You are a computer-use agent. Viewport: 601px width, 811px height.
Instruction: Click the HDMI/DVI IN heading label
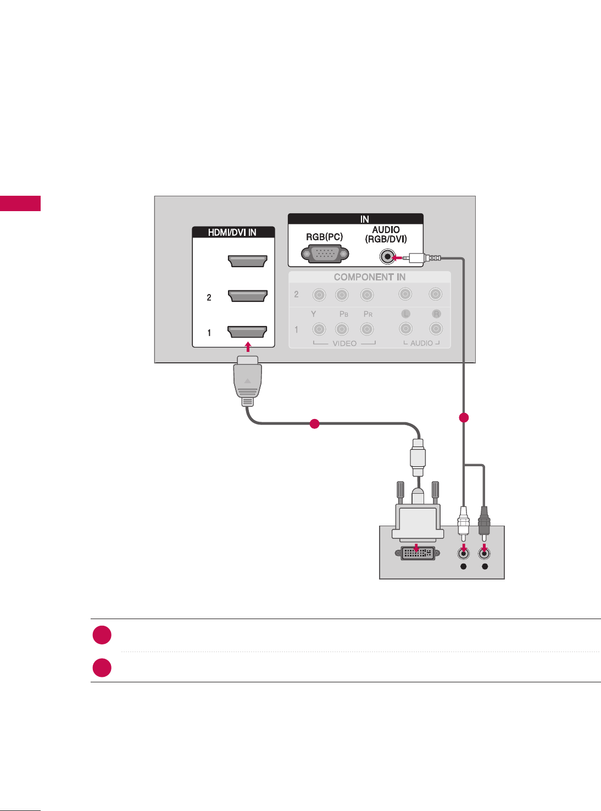(232, 233)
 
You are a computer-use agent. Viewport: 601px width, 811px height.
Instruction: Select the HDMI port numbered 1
(248, 332)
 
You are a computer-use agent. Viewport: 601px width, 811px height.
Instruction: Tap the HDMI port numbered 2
(248, 296)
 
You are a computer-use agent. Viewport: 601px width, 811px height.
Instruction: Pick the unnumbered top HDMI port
(248, 261)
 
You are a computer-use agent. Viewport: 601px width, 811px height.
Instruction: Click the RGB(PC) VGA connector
(325, 255)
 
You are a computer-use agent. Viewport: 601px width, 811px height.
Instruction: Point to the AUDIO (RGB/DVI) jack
(388, 257)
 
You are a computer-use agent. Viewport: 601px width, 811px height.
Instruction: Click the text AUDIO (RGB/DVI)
(386, 234)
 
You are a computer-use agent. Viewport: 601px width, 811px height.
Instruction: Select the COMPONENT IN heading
(369, 277)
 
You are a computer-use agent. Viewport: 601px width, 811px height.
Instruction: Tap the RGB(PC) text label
(324, 237)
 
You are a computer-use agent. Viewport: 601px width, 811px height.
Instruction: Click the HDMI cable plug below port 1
(248, 379)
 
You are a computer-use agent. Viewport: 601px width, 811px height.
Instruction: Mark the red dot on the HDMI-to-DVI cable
(314, 423)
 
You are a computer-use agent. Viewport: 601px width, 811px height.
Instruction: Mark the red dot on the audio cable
(464, 418)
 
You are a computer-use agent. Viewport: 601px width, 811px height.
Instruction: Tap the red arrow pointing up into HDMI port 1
(248, 346)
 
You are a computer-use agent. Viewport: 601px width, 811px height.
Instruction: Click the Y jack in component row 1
(319, 329)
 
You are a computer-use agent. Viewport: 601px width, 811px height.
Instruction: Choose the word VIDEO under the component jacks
(344, 343)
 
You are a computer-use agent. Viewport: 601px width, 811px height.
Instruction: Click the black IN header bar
(355, 219)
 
